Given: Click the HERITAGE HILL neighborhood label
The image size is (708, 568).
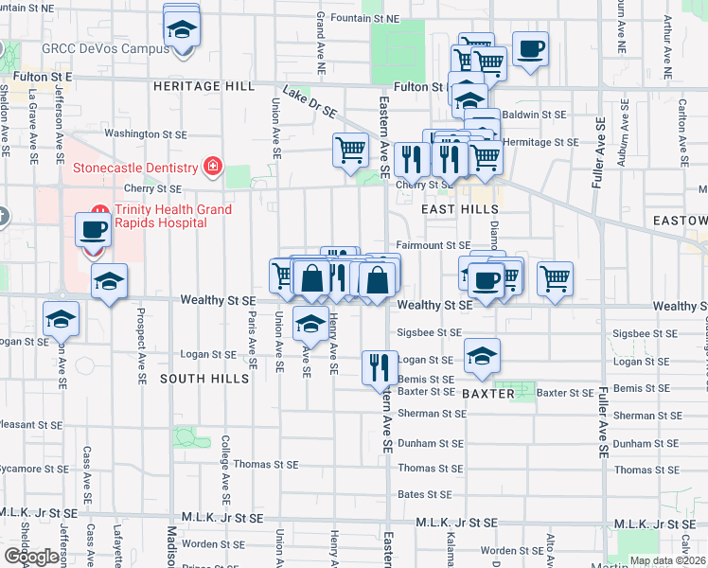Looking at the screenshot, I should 203,86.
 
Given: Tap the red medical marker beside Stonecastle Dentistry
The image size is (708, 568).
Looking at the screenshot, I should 213,169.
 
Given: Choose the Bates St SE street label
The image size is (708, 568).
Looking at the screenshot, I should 424,494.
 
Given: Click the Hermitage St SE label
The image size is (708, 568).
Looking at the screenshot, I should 540,142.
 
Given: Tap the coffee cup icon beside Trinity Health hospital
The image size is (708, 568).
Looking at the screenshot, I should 94,229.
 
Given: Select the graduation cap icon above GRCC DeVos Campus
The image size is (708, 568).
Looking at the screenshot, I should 181,28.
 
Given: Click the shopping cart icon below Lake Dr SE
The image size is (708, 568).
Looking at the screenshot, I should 350,149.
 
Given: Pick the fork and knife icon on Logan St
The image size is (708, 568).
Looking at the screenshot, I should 380,366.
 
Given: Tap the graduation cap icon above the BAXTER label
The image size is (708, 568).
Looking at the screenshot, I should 482,356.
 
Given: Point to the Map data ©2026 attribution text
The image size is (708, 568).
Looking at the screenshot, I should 668,560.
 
